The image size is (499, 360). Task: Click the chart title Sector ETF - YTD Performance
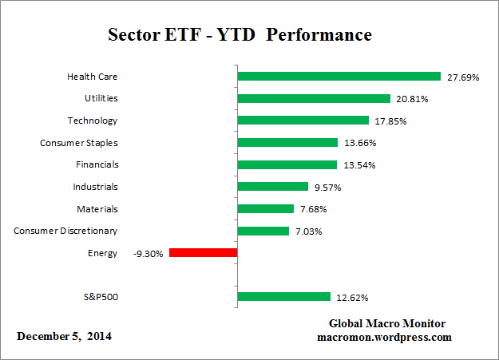coord(240,36)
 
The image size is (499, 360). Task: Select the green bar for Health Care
coord(339,77)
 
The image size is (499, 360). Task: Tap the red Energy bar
coord(203,253)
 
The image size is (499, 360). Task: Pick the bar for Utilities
coord(314,99)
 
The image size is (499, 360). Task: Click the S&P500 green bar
coord(283,297)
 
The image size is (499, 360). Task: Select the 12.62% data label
coord(350,298)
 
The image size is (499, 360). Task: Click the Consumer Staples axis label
coord(78,143)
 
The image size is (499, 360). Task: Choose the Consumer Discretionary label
coord(65,231)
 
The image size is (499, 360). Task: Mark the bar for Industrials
coord(272,187)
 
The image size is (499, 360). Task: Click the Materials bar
coord(265,209)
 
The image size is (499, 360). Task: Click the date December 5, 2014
coord(64,336)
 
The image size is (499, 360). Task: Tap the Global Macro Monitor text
coord(387,323)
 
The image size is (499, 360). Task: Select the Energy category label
coord(102,253)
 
